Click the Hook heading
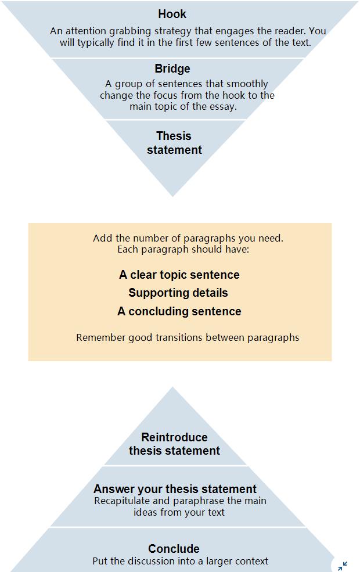pyautogui.click(x=172, y=14)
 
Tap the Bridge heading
pyautogui.click(x=172, y=69)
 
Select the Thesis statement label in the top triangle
pyautogui.click(x=174, y=143)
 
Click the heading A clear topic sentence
pyautogui.click(x=179, y=275)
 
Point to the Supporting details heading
pyautogui.click(x=178, y=293)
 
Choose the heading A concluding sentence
pyautogui.click(x=179, y=311)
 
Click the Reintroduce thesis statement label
pyautogui.click(x=174, y=444)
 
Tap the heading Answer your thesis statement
pyautogui.click(x=175, y=489)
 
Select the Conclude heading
pyautogui.click(x=174, y=549)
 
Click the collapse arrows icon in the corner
pyautogui.click(x=343, y=566)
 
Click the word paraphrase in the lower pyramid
pyautogui.click(x=195, y=501)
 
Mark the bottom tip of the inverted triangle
pyautogui.click(x=173, y=197)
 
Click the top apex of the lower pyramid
pyautogui.click(x=173, y=387)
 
